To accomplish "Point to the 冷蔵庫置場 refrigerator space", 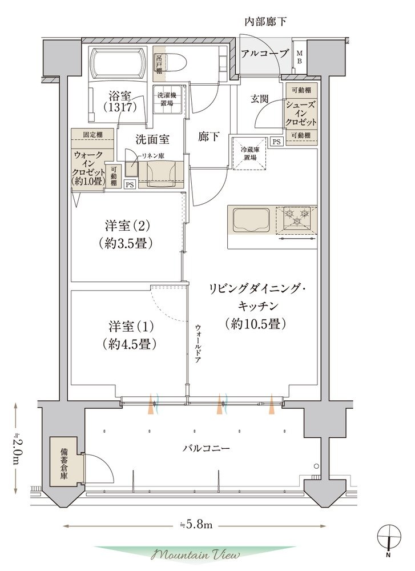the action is pyautogui.click(x=249, y=153).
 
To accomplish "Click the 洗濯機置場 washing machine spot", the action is pyautogui.click(x=167, y=99).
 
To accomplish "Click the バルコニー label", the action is pyautogui.click(x=206, y=448).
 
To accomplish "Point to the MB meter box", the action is pyautogui.click(x=300, y=57).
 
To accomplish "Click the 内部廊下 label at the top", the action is pyautogui.click(x=265, y=22).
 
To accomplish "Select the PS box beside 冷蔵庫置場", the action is pyautogui.click(x=277, y=141).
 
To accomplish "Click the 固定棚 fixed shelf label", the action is pyautogui.click(x=93, y=134).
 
